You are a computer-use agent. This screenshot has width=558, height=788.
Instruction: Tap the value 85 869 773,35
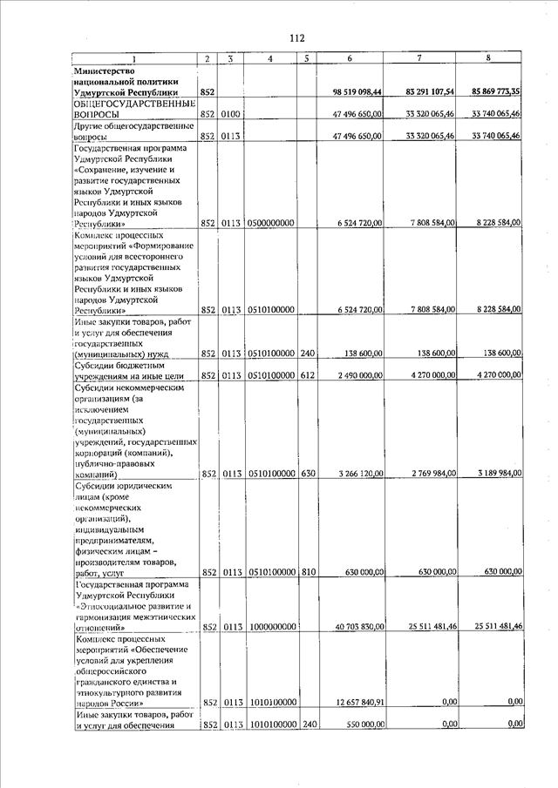(x=495, y=91)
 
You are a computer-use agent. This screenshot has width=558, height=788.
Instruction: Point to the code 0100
(x=230, y=114)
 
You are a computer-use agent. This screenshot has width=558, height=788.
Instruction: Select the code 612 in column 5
(x=306, y=375)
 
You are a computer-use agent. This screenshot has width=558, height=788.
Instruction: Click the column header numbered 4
(x=271, y=59)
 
